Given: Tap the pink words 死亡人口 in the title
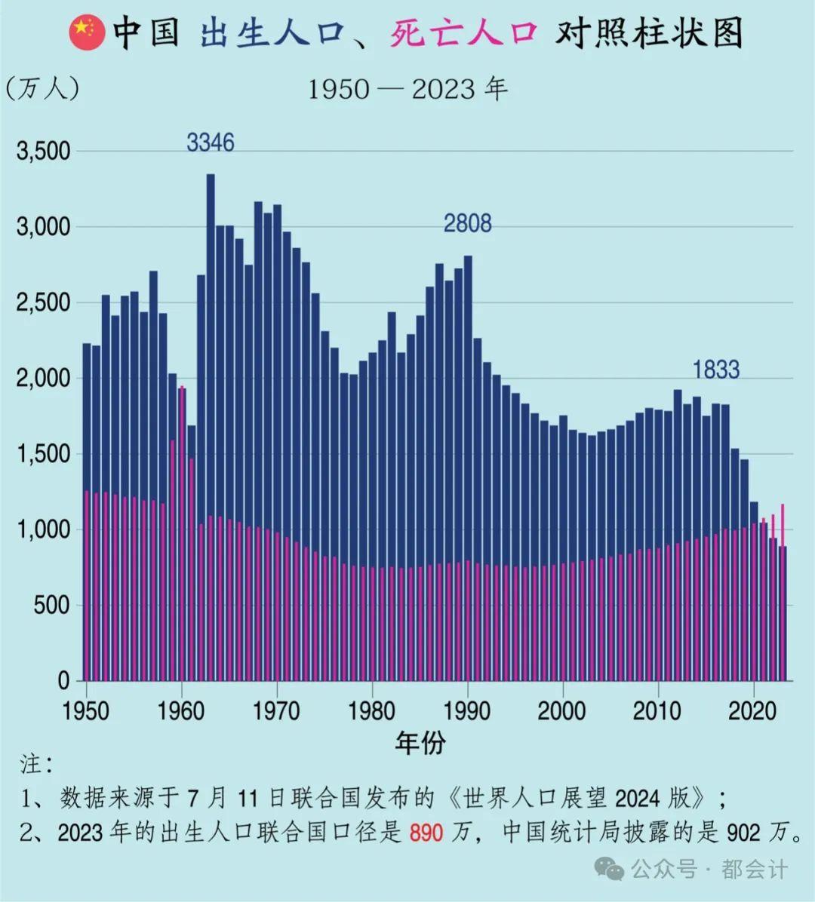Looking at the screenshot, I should pyautogui.click(x=463, y=34).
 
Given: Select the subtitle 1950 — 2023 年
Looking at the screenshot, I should pyautogui.click(x=407, y=89).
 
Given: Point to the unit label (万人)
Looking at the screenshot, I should pyautogui.click(x=42, y=88).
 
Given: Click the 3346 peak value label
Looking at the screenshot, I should pyautogui.click(x=211, y=142).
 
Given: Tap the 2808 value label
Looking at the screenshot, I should pyautogui.click(x=467, y=223).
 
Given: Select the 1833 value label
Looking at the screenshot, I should pyautogui.click(x=715, y=370).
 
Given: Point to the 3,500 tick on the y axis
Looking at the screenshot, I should pyautogui.click(x=43, y=152).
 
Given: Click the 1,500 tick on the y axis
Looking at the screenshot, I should pyautogui.click(x=43, y=454).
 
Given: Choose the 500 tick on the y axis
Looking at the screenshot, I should pyautogui.click(x=51, y=606).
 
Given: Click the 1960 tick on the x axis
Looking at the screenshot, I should pyautogui.click(x=181, y=710).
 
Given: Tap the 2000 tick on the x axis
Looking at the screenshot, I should pyautogui.click(x=561, y=710).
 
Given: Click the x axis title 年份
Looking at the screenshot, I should pyautogui.click(x=420, y=743).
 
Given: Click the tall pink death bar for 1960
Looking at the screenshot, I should pyautogui.click(x=182, y=528).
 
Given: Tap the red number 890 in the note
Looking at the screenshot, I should pyautogui.click(x=426, y=832).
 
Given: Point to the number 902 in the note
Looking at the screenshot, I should pyautogui.click(x=743, y=832).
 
